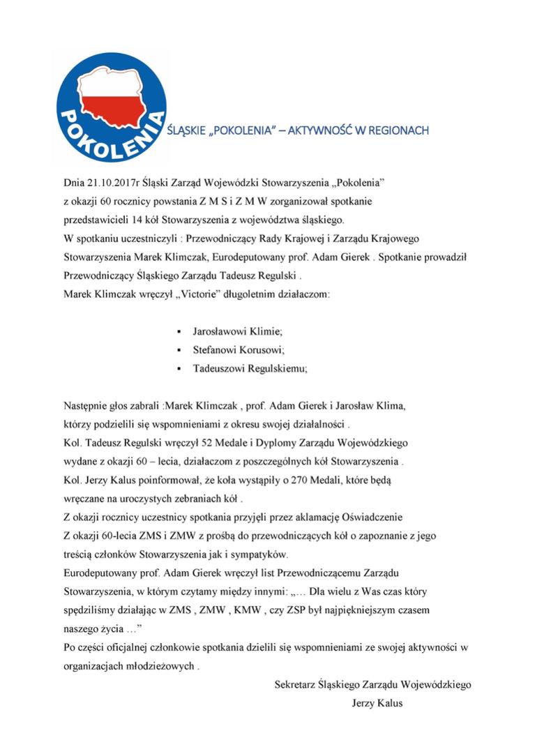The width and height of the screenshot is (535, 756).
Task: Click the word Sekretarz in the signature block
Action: click(x=294, y=684)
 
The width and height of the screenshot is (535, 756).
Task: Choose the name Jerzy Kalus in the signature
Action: click(x=377, y=703)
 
